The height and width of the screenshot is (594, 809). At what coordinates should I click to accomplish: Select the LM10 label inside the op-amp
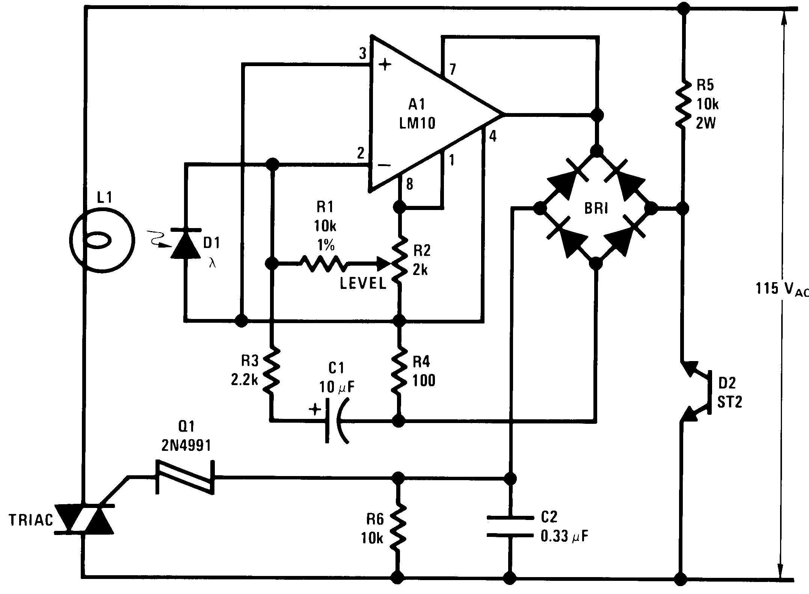(417, 123)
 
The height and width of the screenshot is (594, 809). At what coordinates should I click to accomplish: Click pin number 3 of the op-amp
(362, 54)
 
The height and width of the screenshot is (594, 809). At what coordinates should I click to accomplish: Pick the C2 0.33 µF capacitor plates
(510, 526)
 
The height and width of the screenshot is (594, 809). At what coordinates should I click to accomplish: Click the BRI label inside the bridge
(596, 208)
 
